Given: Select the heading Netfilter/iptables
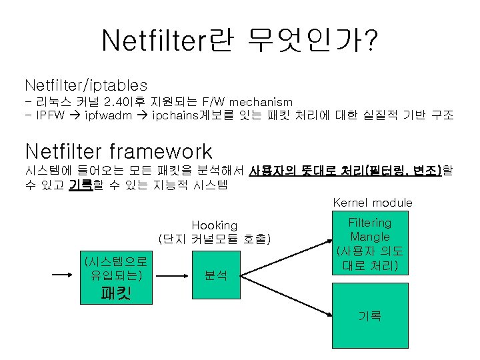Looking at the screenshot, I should point(86,85).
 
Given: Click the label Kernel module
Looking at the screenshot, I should point(372,202).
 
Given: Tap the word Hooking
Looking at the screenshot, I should point(214,225).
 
